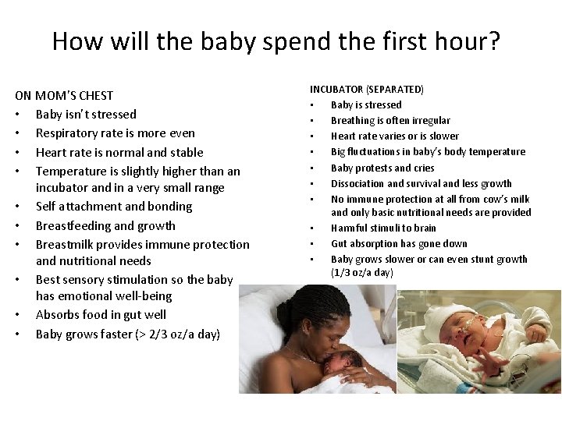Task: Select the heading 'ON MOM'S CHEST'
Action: click(x=64, y=95)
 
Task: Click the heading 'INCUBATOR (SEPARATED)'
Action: click(x=367, y=90)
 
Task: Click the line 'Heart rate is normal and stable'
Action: click(x=119, y=153)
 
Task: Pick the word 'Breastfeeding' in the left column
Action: click(x=75, y=226)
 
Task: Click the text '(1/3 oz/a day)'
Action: click(x=362, y=273)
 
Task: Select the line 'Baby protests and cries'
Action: click(x=382, y=168)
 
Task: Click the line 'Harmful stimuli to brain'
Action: click(x=383, y=228)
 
